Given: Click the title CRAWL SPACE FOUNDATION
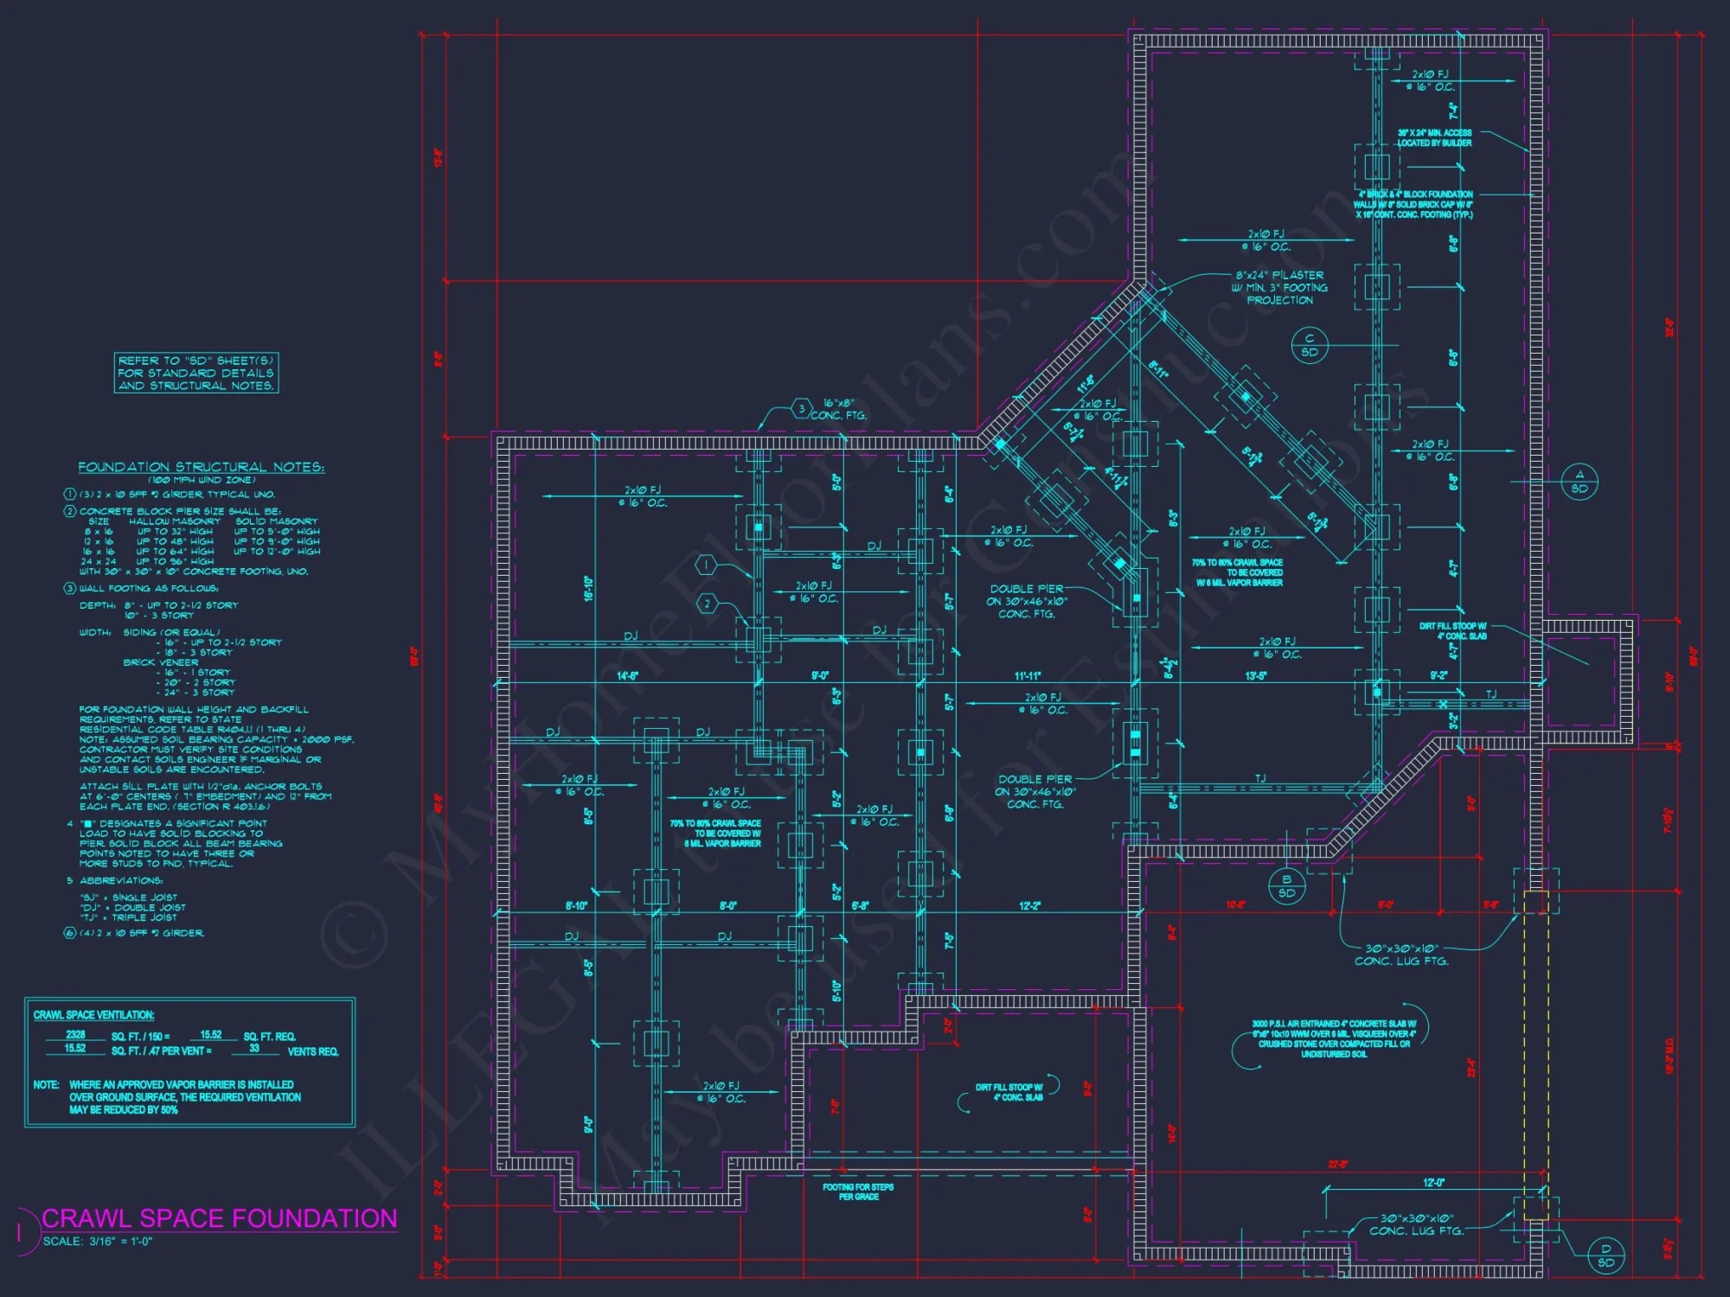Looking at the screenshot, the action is [x=219, y=1218].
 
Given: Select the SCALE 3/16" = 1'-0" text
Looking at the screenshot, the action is [x=98, y=1242].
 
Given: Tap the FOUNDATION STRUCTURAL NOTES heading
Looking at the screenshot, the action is [x=201, y=467].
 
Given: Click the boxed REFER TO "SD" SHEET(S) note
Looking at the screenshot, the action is [x=196, y=373].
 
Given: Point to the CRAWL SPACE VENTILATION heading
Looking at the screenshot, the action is [x=93, y=1015].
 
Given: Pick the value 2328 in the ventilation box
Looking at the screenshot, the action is [x=75, y=1034].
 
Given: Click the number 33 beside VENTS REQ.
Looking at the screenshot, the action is [x=254, y=1048].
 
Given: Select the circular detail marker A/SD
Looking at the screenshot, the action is [x=1579, y=482].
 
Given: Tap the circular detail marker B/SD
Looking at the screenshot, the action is [x=1286, y=886].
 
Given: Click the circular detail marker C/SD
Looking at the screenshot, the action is [x=1310, y=345].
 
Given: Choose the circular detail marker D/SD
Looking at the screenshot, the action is [x=1606, y=1255].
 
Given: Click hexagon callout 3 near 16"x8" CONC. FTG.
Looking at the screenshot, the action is [x=801, y=408].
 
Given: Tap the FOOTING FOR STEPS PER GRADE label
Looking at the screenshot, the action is [x=858, y=1192].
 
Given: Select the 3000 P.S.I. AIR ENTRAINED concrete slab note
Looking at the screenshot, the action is [x=1334, y=1038].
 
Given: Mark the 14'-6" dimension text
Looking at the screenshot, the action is [x=627, y=675].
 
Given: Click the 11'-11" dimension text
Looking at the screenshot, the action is [x=1028, y=675].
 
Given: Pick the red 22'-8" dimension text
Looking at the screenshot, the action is [x=1337, y=1165].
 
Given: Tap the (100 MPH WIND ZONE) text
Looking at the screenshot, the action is [x=202, y=480].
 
